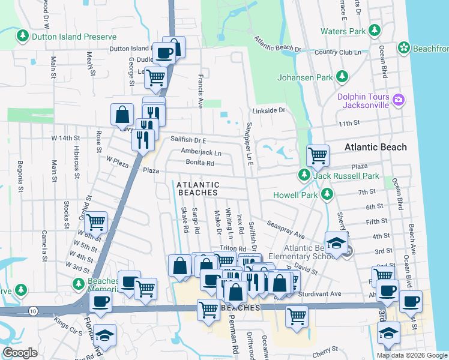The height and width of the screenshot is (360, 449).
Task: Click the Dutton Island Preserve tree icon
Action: [x=23, y=36]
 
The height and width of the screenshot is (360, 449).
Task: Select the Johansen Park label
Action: [x=304, y=77]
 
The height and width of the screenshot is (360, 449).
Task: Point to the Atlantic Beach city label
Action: [x=375, y=147]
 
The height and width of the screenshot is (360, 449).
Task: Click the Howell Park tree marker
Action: [x=327, y=194]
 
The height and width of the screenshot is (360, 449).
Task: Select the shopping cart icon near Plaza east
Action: [x=317, y=155]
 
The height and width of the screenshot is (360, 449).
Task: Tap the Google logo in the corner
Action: [x=20, y=353]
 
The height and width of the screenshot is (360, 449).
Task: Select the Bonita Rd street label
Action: [x=200, y=163]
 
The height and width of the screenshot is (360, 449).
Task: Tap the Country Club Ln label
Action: [x=337, y=52]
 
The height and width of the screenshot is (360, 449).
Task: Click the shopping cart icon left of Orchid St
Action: [x=96, y=223]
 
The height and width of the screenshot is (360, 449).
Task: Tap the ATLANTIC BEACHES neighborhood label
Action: [x=197, y=188]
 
